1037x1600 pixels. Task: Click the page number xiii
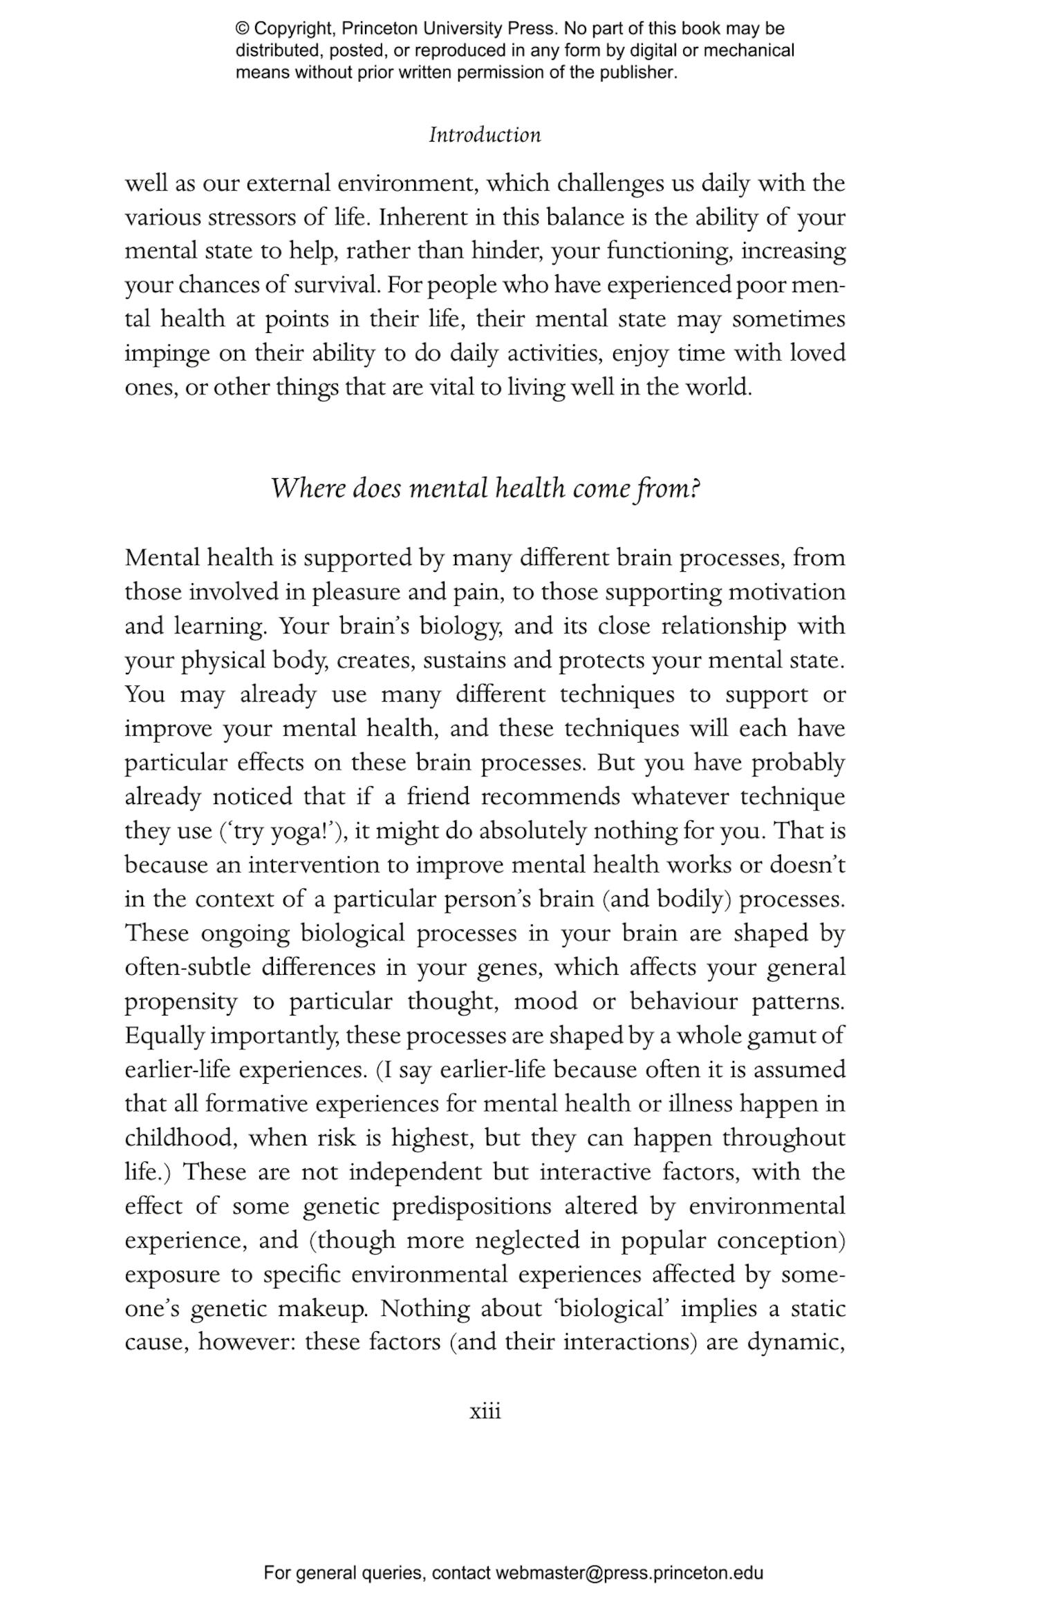click(485, 1411)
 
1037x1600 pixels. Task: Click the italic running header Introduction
click(485, 135)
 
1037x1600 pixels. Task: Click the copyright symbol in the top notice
click(242, 29)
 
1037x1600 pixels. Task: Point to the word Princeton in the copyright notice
click(380, 29)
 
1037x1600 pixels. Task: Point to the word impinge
click(167, 354)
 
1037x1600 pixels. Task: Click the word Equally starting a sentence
click(165, 1036)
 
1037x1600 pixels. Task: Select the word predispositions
click(472, 1206)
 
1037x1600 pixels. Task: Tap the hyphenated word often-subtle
click(187, 967)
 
